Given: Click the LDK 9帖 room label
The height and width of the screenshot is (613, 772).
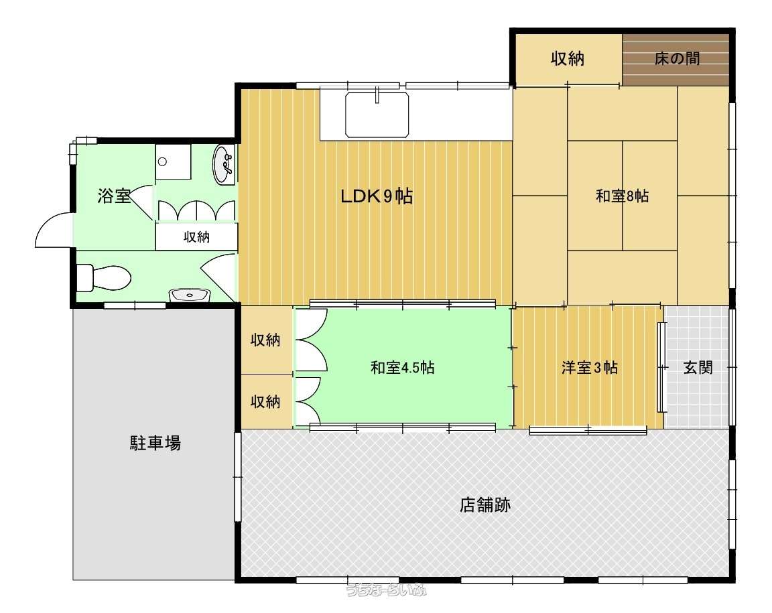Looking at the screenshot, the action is click(377, 196).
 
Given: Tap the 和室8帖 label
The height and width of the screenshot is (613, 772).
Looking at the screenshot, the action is click(623, 196).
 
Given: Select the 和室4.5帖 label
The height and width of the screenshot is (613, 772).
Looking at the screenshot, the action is click(402, 368).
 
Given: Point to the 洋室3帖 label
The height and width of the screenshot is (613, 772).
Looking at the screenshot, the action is click(589, 368).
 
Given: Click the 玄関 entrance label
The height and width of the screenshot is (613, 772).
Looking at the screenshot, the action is click(698, 367).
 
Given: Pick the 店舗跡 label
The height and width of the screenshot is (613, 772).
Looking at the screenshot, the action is click(485, 504).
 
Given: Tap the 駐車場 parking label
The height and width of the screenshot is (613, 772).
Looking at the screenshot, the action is click(155, 443).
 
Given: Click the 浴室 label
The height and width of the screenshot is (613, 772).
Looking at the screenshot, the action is click(114, 196).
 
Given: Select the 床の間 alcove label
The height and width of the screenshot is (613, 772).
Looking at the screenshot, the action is click(677, 58).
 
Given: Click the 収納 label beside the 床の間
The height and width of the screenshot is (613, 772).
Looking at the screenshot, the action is click(567, 58).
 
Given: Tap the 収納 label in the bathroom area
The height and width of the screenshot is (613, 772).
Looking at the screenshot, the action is click(196, 237).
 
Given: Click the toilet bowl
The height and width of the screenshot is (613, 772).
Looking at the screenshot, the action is click(104, 279).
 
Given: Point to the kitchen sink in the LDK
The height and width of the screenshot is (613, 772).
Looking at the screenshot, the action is click(377, 115).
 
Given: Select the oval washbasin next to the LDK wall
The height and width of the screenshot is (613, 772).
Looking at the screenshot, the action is click(224, 164).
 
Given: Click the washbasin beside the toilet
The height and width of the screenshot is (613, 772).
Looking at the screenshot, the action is click(190, 295).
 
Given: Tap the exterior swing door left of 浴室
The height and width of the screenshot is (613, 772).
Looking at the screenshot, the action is click(54, 229).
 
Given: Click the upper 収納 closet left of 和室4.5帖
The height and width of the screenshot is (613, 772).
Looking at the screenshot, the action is click(266, 340).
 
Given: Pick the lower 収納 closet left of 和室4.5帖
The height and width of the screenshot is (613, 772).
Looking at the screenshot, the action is click(266, 401).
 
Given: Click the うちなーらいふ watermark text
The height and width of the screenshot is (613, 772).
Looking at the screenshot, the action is click(386, 590).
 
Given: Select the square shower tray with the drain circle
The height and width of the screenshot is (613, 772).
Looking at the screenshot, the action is click(173, 162).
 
